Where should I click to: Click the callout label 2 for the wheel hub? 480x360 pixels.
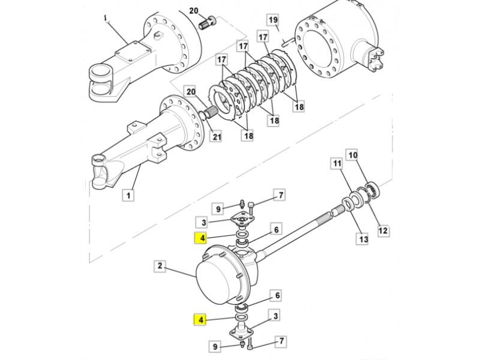point(160,266)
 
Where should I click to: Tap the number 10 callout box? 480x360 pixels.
point(353,155)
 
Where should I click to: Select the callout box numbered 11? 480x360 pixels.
point(337,163)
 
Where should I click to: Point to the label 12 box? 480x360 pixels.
point(383,230)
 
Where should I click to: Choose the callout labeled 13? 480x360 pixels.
point(364,238)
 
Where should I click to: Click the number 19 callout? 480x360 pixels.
point(273,20)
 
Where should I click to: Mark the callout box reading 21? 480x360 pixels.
point(217,136)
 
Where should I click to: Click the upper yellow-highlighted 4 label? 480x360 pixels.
point(202,238)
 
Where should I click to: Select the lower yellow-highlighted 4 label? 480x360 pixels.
point(201,320)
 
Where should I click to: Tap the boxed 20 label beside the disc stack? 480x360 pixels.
point(191,92)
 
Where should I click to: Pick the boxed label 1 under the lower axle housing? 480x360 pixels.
point(128,195)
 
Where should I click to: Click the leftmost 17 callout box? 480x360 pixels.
point(221,59)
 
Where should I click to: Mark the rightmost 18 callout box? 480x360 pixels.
point(298,107)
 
